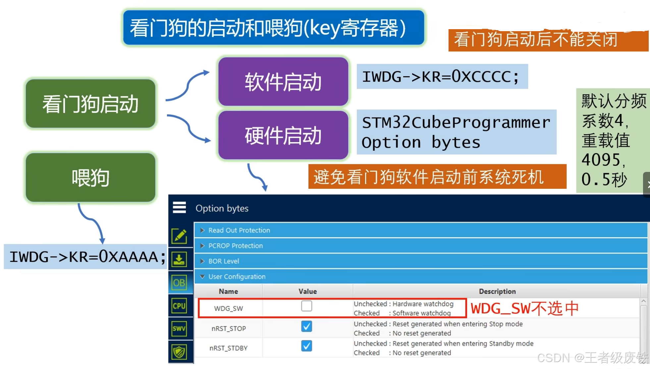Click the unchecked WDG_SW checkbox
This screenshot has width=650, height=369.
point(306,306)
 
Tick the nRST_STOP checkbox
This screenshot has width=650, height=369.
point(306,326)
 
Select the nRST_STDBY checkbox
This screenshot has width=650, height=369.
point(306,346)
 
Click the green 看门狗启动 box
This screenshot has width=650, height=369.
point(90,104)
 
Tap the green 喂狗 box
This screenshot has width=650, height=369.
point(90,178)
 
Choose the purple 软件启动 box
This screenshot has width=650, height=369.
point(283,82)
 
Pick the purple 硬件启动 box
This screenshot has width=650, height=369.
point(283,135)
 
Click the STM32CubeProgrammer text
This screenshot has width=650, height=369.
point(456,123)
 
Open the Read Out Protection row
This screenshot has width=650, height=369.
point(239,230)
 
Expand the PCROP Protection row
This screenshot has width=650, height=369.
point(236,246)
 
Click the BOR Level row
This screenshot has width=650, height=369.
point(224,261)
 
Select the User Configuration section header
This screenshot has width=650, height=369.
point(237,277)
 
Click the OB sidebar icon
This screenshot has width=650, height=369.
point(179,283)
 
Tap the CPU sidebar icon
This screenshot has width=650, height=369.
point(179,306)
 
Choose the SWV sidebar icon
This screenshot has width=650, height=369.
point(179,329)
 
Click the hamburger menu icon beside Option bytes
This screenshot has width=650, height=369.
point(179,208)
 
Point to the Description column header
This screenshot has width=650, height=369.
point(497,291)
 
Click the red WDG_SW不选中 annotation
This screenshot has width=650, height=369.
point(524,308)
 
